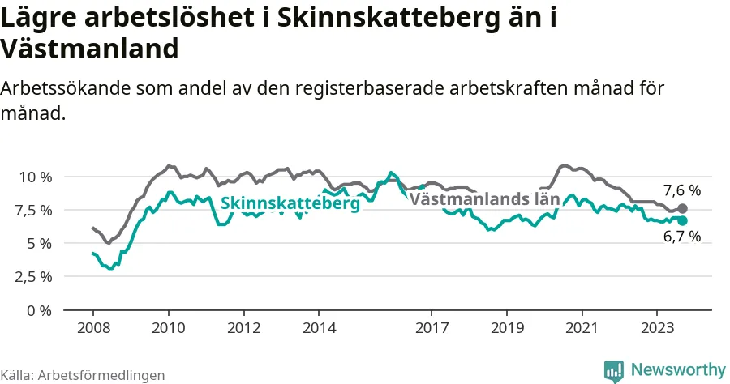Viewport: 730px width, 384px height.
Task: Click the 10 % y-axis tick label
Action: coord(35,177)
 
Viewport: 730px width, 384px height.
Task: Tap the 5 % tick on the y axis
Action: coord(39,244)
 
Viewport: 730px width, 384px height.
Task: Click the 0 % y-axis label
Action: coord(39,310)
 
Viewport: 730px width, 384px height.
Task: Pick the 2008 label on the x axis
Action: coord(93,328)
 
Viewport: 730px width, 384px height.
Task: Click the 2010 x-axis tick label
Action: coord(169,328)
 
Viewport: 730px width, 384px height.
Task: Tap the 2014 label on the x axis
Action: coord(319,328)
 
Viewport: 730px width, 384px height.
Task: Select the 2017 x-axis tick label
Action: coord(432,328)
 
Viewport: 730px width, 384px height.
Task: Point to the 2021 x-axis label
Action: coord(582,328)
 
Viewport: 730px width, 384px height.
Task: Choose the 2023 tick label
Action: coord(657,328)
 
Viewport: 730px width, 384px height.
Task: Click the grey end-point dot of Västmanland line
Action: coord(682,209)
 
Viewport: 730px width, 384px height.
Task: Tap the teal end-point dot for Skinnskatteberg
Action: coord(682,220)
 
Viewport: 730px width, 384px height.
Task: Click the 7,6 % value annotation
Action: coord(682,190)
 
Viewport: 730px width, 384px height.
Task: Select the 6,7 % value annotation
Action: coord(682,237)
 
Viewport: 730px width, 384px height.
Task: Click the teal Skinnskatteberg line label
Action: coord(290,203)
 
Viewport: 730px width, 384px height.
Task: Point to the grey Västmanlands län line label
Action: coord(484,199)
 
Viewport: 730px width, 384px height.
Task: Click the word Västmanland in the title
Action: coord(89,49)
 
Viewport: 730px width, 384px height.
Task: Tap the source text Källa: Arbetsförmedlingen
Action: coord(83,375)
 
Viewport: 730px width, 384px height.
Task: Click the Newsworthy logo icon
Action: coord(614,372)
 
